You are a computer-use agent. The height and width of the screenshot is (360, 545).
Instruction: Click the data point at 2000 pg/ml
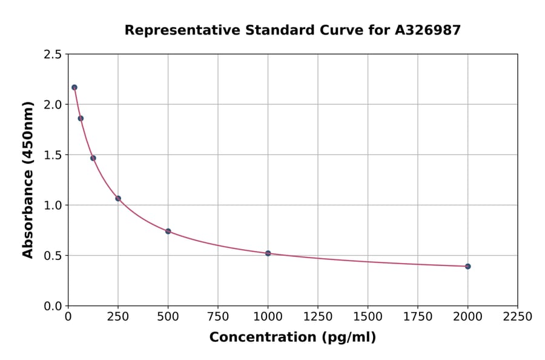(467, 266)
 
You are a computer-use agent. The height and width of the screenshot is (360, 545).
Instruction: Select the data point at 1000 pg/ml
(268, 253)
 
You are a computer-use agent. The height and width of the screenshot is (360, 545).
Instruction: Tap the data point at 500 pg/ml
(168, 231)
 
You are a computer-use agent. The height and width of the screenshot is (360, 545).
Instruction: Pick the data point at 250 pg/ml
(118, 198)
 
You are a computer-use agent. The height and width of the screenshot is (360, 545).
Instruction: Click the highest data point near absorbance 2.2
(74, 87)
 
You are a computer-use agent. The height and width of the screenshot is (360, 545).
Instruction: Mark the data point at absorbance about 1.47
(93, 158)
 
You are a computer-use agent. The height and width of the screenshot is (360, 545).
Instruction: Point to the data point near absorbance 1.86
(81, 118)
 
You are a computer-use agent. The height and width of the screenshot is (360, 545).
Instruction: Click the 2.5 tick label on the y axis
(53, 55)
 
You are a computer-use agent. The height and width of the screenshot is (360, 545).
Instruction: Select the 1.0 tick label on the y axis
(53, 205)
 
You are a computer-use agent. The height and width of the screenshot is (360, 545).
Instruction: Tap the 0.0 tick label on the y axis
(53, 306)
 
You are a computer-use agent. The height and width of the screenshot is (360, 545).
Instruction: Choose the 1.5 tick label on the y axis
(53, 155)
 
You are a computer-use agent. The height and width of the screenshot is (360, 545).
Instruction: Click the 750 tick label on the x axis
(218, 317)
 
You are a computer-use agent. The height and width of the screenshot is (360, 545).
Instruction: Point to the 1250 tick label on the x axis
(318, 317)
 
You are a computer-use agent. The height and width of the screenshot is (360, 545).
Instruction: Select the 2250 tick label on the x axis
(518, 317)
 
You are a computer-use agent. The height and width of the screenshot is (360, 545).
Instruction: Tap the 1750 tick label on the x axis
(418, 317)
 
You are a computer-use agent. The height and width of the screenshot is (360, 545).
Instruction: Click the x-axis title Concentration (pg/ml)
(292, 338)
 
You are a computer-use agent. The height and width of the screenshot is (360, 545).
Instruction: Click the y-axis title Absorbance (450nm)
(28, 179)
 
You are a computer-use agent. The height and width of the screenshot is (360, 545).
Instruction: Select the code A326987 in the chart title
(428, 30)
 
